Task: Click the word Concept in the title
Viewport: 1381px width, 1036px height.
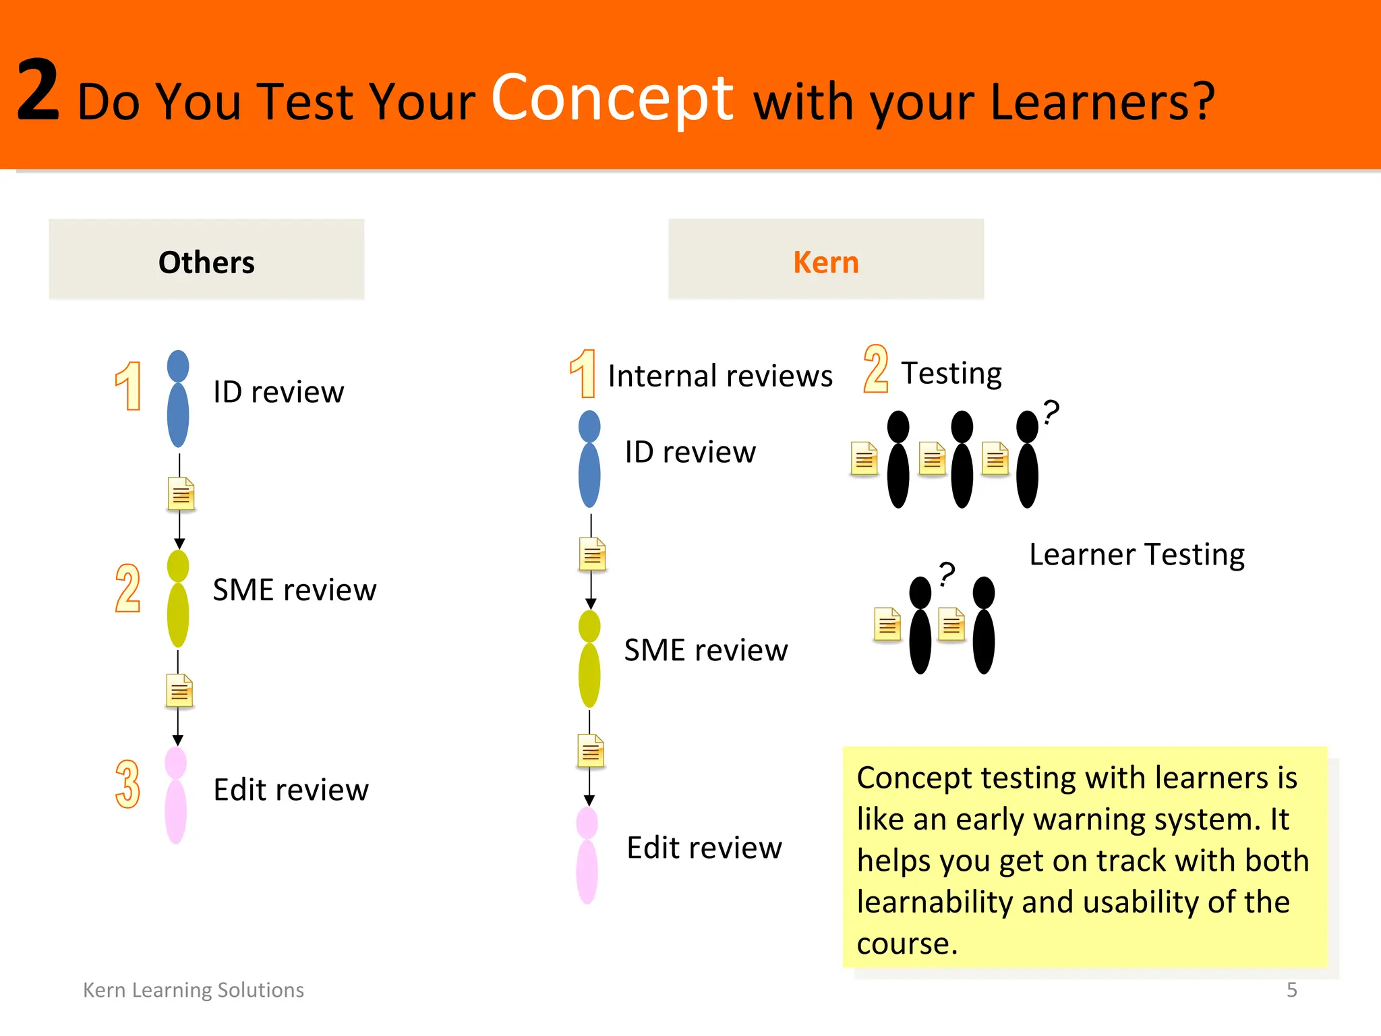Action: pos(612,98)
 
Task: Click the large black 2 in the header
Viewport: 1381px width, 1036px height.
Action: pos(38,90)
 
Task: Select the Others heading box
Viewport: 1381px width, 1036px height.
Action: pos(206,260)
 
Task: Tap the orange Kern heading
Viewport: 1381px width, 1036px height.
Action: pos(825,262)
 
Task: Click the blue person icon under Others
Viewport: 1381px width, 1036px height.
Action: pos(178,399)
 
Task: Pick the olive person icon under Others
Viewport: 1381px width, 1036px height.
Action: pos(178,599)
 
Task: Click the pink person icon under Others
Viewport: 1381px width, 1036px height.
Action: pos(176,796)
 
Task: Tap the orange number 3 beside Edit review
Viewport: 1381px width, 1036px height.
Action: pos(127,784)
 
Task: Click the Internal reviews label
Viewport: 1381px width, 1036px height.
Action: pos(719,376)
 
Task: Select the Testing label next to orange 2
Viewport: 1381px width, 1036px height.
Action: pos(951,373)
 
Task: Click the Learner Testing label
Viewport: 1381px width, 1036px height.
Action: pos(1136,554)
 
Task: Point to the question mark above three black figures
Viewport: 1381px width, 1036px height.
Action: pos(1051,411)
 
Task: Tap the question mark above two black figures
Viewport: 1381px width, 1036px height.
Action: pos(947,573)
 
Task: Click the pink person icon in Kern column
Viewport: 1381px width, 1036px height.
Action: pos(587,857)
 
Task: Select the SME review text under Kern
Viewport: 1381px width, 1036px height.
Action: pos(705,650)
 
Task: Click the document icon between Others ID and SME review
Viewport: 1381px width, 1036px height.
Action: pos(181,494)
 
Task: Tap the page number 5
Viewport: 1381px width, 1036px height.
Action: pos(1291,989)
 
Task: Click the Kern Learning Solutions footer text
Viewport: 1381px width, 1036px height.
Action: pos(194,989)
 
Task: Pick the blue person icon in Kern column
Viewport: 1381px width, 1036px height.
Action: pos(589,460)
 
